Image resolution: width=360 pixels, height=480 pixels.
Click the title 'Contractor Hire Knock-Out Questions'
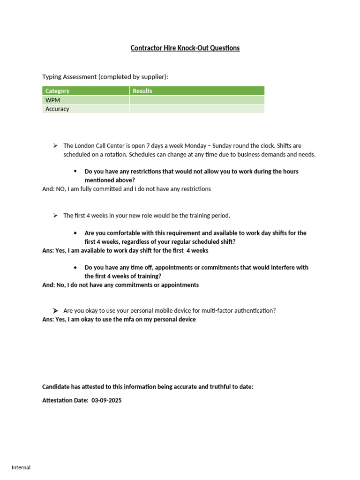(185, 48)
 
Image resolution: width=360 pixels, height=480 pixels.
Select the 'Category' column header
(57, 91)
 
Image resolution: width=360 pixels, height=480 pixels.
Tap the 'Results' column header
(142, 91)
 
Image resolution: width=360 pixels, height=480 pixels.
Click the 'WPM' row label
(52, 100)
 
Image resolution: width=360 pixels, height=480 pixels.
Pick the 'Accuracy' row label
(57, 109)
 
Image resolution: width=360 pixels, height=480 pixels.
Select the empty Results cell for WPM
(197, 100)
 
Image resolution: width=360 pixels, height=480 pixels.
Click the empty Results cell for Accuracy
(197, 109)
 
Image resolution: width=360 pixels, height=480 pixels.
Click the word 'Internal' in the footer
(21, 467)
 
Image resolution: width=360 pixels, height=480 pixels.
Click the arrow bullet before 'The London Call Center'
(55, 146)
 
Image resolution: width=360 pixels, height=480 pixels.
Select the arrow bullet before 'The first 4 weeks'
(55, 216)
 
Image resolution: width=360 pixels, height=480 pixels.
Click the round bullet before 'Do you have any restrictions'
(75, 171)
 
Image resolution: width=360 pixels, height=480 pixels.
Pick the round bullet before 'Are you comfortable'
(75, 233)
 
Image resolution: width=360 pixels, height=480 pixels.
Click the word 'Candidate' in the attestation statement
(56, 387)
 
